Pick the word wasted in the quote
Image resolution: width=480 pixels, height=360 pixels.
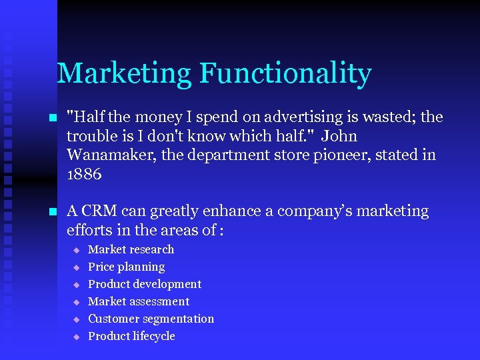387,117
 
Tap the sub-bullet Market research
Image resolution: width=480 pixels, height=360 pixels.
131,249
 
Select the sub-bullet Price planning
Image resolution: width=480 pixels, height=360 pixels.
126,267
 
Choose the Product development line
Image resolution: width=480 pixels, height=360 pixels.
145,284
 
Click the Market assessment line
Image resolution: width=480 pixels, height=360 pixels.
139,301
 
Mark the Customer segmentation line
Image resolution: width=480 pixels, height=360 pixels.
151,319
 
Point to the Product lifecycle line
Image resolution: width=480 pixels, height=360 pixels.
131,336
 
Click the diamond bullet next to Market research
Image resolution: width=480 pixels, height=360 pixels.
76,250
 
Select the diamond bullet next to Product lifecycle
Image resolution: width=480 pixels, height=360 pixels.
76,337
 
